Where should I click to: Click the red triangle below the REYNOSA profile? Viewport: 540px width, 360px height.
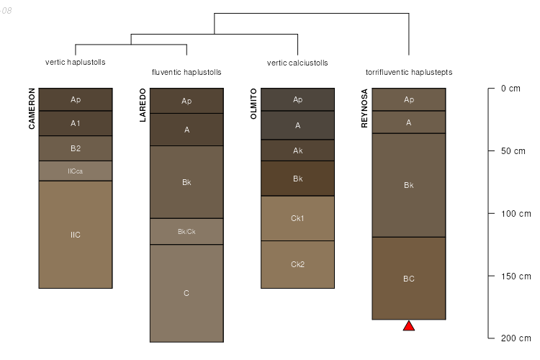click(x=409, y=326)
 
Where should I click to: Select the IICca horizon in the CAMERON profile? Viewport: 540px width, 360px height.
click(x=76, y=171)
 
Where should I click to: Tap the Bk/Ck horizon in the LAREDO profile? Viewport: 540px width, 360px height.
click(x=186, y=232)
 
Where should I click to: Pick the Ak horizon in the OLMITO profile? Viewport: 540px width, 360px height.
click(x=297, y=150)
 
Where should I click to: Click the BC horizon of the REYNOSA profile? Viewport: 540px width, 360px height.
click(x=409, y=279)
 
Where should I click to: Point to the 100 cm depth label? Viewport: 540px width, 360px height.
click(x=516, y=214)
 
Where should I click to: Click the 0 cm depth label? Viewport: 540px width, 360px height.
click(x=510, y=89)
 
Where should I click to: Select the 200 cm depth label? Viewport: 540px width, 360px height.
click(x=516, y=338)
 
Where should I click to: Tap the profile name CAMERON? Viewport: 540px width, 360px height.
click(x=32, y=109)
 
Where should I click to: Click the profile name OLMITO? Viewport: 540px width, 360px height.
click(x=253, y=104)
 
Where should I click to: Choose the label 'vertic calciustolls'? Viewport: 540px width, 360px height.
click(x=297, y=63)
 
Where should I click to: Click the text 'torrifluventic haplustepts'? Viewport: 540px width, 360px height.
click(x=409, y=72)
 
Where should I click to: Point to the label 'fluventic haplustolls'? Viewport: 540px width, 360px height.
click(x=186, y=72)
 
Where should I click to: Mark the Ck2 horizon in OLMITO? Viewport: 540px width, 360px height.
click(x=297, y=264)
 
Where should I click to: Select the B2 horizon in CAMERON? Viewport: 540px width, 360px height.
click(x=76, y=148)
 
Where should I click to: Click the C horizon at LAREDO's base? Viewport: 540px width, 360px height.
click(x=186, y=293)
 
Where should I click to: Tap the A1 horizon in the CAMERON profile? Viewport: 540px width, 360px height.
click(x=76, y=123)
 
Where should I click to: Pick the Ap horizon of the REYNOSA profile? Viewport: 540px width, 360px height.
click(x=409, y=99)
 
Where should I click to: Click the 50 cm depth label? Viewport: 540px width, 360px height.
click(x=513, y=151)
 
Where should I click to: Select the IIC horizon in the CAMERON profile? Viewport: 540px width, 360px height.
click(x=76, y=235)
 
